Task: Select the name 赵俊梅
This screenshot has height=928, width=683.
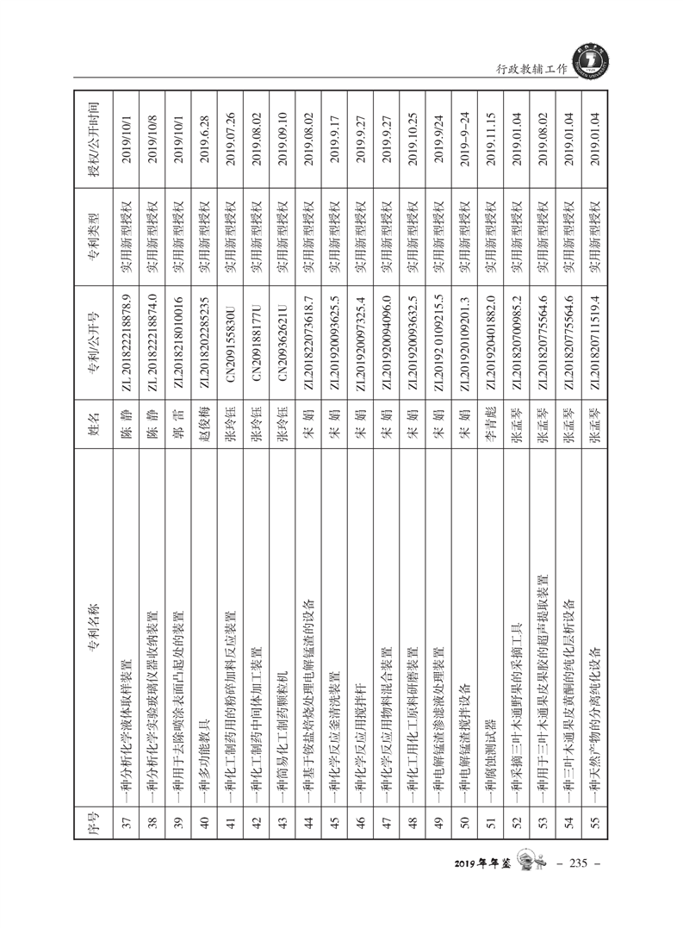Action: tap(205, 450)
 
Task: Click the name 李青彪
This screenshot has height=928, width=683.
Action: tap(490, 450)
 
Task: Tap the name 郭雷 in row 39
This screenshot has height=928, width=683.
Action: tap(179, 450)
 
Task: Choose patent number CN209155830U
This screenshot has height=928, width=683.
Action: tap(231, 347)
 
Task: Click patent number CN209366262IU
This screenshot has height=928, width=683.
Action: tap(283, 347)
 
